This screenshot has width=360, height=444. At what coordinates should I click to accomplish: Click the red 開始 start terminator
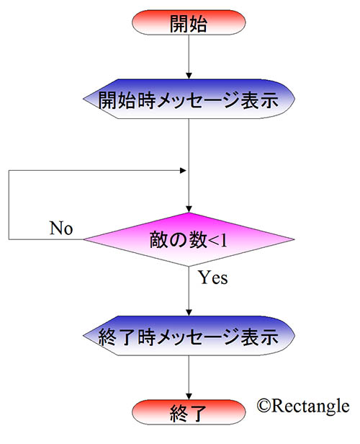(x=189, y=22)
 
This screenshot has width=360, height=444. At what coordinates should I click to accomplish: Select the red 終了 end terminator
(x=189, y=412)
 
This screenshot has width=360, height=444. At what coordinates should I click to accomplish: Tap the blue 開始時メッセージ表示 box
(x=189, y=99)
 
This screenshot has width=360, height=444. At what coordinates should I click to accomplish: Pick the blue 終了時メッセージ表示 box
(x=189, y=336)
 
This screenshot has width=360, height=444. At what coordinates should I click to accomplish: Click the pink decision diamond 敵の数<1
(x=189, y=239)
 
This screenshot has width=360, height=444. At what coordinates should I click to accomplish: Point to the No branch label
(x=61, y=228)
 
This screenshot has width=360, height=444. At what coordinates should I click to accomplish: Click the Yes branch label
(x=212, y=277)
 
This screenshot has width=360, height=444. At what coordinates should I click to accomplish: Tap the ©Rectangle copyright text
(x=303, y=406)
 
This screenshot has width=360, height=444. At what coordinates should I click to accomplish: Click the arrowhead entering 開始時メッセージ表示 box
(x=189, y=76)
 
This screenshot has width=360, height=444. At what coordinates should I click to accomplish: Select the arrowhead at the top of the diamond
(x=189, y=209)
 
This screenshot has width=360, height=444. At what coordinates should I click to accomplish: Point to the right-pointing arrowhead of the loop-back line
(x=183, y=170)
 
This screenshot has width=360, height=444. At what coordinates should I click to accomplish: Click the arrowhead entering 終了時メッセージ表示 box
(x=189, y=313)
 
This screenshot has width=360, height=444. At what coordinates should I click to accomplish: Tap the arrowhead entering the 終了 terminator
(x=189, y=396)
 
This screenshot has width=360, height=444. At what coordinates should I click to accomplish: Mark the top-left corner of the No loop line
(x=9, y=170)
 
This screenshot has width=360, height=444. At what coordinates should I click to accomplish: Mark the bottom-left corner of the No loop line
(x=9, y=239)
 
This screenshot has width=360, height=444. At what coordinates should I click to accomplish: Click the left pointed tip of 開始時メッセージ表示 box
(x=84, y=99)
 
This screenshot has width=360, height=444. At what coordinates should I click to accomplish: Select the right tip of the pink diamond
(x=294, y=239)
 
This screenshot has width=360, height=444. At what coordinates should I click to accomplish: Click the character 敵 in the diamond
(x=158, y=240)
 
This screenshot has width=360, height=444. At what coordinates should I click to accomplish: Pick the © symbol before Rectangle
(x=264, y=406)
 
